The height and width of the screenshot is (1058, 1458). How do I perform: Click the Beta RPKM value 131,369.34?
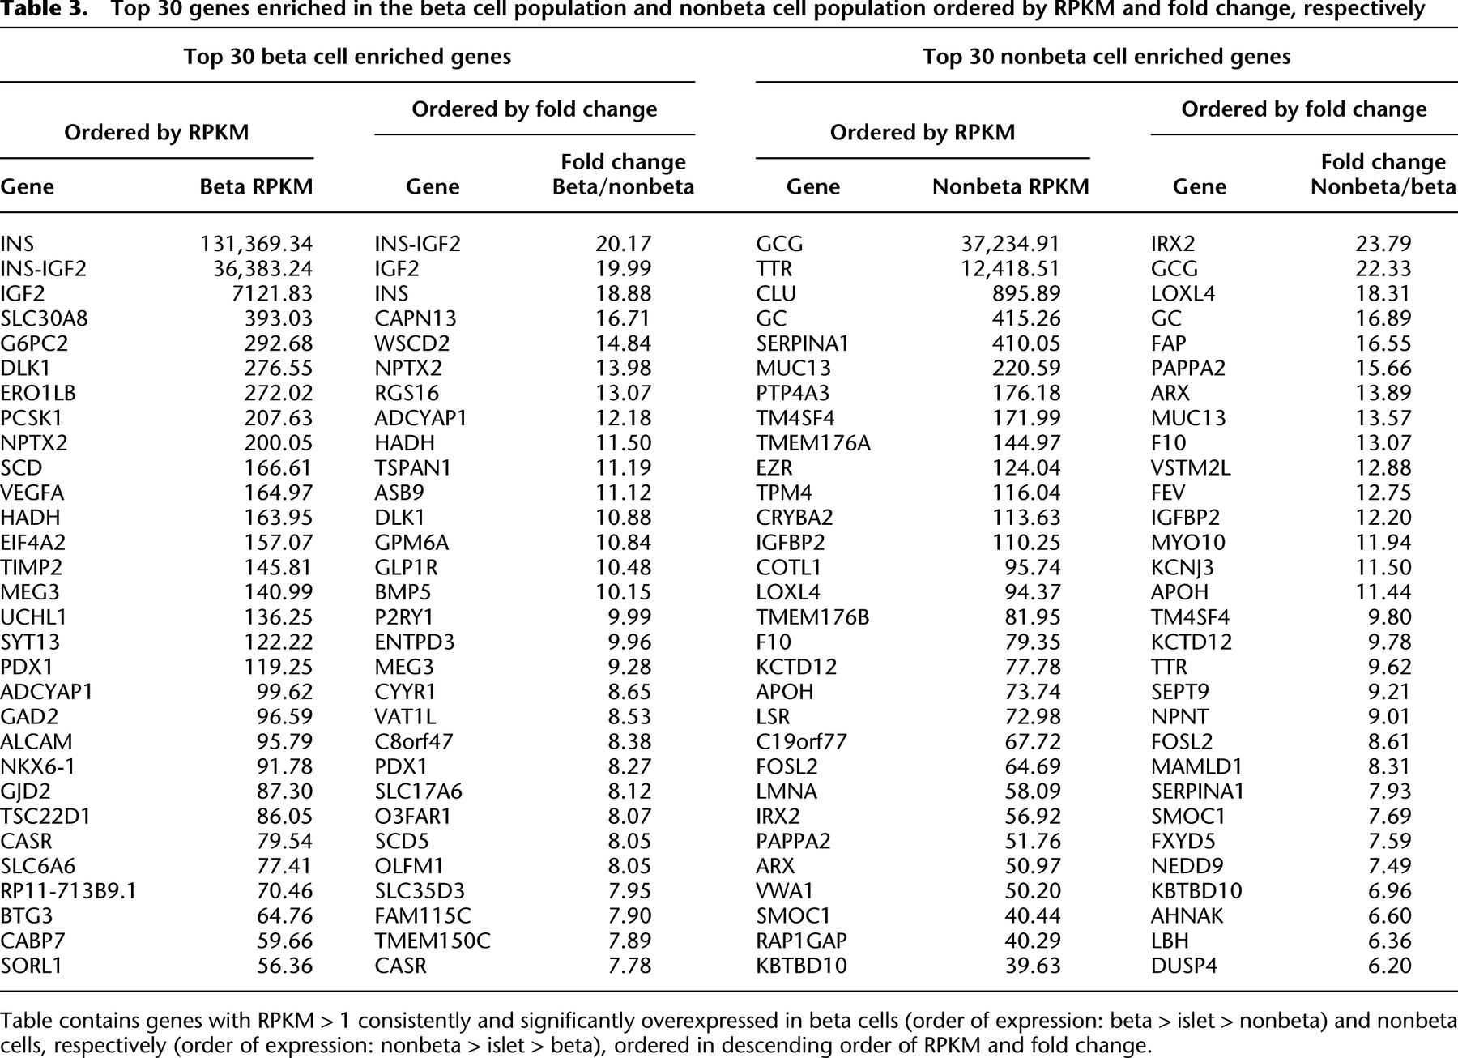click(256, 244)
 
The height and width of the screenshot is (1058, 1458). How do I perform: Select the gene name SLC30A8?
click(45, 318)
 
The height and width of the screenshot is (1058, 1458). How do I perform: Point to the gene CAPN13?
click(416, 318)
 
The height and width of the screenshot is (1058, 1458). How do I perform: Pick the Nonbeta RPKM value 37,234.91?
click(1010, 244)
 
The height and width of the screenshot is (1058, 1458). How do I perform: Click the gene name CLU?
click(776, 293)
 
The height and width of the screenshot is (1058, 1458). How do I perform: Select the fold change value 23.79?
click(1383, 244)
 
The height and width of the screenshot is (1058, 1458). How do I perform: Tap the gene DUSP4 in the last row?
click(1184, 966)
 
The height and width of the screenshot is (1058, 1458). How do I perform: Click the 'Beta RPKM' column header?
click(256, 186)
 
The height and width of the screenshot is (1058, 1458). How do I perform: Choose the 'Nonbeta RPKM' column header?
click(1010, 186)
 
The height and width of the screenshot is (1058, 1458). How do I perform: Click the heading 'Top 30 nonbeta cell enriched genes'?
click(1106, 57)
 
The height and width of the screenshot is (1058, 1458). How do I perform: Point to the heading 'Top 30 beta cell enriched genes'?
click(347, 57)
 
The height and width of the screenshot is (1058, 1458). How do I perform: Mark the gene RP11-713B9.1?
click(69, 891)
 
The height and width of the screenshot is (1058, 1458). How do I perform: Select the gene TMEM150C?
click(433, 941)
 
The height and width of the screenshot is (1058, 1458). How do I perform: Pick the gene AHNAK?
click(1187, 915)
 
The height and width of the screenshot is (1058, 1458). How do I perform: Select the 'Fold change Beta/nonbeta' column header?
click(624, 174)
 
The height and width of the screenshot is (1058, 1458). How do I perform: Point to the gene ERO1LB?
click(38, 393)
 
